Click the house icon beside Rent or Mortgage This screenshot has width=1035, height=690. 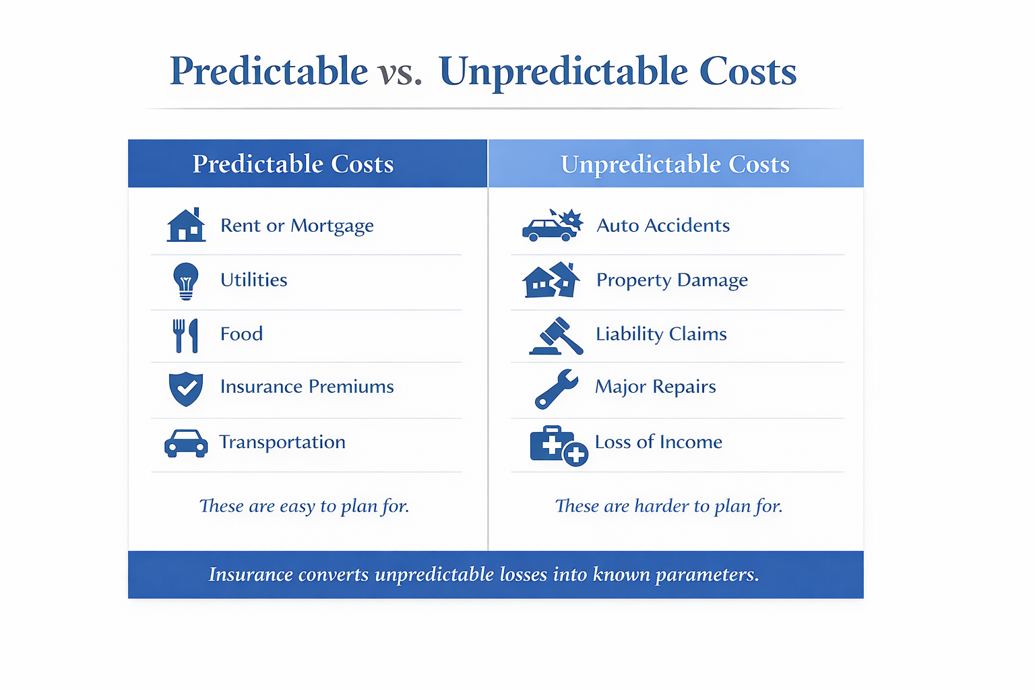pyautogui.click(x=186, y=225)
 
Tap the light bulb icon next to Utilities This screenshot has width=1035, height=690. pyautogui.click(x=186, y=280)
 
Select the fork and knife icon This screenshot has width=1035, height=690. pyautogui.click(x=185, y=336)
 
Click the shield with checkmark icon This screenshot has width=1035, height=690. pyautogui.click(x=186, y=389)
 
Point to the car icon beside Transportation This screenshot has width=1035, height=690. pyautogui.click(x=186, y=443)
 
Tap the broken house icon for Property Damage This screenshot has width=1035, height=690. pyautogui.click(x=551, y=280)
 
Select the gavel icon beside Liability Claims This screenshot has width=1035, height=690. pyautogui.click(x=556, y=336)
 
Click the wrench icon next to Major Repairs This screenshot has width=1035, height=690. pyautogui.click(x=556, y=389)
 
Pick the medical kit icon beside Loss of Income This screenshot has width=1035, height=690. pyautogui.click(x=558, y=445)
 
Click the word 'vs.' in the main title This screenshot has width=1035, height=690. pyautogui.click(x=400, y=71)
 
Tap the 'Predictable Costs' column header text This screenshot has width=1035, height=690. pyautogui.click(x=293, y=164)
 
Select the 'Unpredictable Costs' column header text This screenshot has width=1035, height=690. pyautogui.click(x=675, y=164)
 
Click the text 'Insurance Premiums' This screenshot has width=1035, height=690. pyautogui.click(x=307, y=387)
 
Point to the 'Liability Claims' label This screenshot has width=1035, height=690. pyautogui.click(x=661, y=334)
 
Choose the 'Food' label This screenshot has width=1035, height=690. pyautogui.click(x=241, y=334)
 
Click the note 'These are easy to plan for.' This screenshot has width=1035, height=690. pyautogui.click(x=304, y=506)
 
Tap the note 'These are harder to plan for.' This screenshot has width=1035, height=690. pyautogui.click(x=668, y=506)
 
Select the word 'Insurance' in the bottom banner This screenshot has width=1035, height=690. pyautogui.click(x=251, y=575)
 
